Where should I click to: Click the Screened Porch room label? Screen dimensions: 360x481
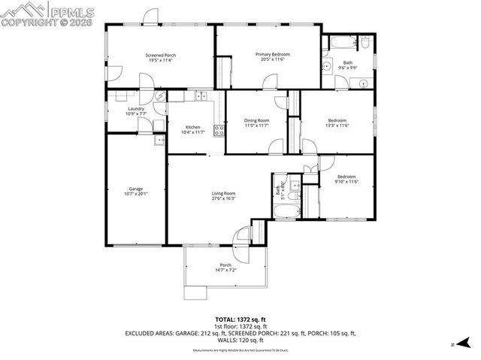159,55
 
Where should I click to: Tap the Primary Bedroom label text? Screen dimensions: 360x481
272,54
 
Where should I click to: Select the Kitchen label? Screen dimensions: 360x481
193,127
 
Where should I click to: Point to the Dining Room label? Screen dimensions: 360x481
256,120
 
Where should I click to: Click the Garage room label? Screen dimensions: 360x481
135,189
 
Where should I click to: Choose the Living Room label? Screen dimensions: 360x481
224,194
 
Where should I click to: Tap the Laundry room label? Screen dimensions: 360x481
136,109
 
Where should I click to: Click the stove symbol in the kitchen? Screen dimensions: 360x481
219,130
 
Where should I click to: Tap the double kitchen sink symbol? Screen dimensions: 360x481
201,95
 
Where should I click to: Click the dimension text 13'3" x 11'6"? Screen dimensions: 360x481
337,126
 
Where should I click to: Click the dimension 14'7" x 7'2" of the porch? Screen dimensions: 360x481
225,270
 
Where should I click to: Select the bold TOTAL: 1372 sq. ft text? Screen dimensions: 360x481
240,319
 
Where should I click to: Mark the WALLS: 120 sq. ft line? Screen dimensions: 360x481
240,339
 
